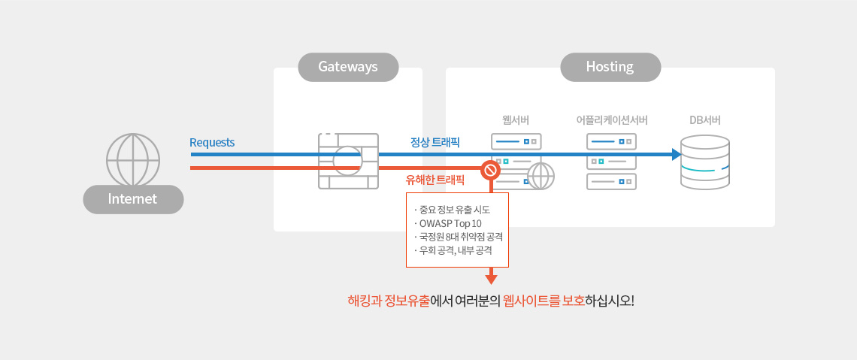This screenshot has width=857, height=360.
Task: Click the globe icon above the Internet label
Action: click(133, 160)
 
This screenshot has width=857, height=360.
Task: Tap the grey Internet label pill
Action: click(133, 199)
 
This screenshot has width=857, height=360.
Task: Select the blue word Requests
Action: click(212, 143)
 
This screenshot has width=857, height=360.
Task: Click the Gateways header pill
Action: click(348, 67)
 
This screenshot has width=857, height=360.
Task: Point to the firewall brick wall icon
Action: click(348, 161)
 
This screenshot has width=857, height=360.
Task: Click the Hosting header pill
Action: click(610, 67)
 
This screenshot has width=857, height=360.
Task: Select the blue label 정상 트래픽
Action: click(435, 142)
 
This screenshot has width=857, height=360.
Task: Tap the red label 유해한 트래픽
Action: click(435, 180)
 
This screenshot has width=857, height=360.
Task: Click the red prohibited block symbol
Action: click(490, 170)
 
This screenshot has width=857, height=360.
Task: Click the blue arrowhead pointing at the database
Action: click(676, 154)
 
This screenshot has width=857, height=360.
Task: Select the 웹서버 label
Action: click(516, 120)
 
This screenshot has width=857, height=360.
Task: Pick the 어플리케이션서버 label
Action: click(611, 120)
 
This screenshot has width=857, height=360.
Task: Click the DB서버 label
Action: click(705, 120)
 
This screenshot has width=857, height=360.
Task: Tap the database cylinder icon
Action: click(704, 162)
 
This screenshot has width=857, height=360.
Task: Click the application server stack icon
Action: click(611, 161)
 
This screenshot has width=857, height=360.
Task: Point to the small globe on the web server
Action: click(541, 177)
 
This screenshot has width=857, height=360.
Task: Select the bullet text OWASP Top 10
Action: click(450, 223)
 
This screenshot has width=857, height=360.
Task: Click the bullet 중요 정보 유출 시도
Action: click(453, 210)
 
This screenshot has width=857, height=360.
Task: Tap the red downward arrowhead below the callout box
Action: click(491, 280)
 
